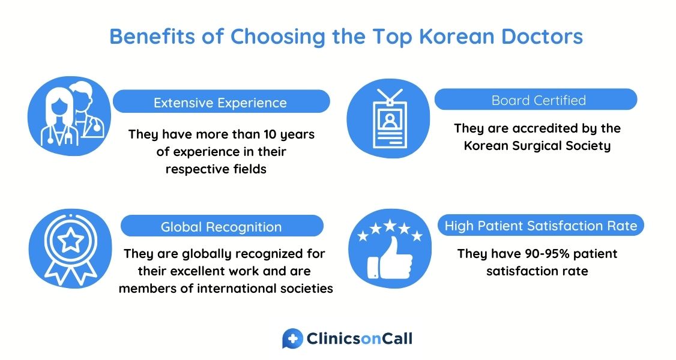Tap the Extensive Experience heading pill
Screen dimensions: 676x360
[x=221, y=101]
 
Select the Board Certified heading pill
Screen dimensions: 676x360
[x=536, y=100]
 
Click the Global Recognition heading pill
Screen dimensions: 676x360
[x=222, y=226]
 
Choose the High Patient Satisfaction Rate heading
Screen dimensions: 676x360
[x=541, y=226]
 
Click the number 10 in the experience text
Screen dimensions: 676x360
[x=270, y=134]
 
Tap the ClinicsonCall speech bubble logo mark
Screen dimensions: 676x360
[x=293, y=338]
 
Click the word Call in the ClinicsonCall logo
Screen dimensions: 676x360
[x=397, y=338]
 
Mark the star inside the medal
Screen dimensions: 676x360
[x=71, y=240]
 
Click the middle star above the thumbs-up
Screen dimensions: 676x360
[x=390, y=225]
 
